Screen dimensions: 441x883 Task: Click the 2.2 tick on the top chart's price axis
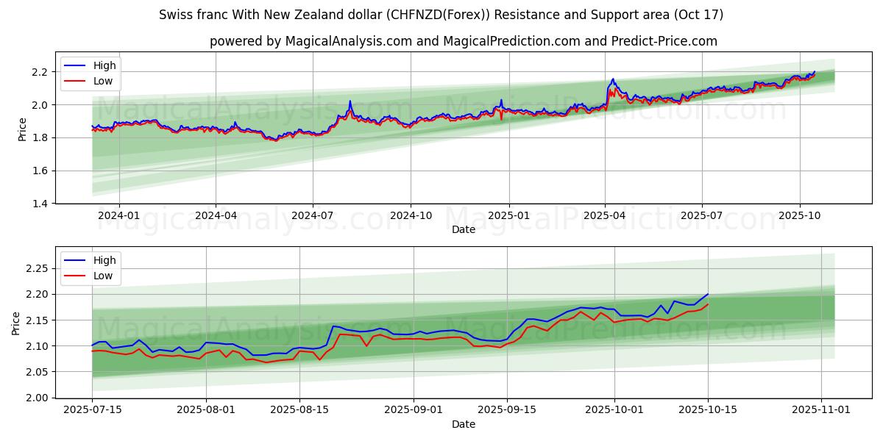tap(40, 72)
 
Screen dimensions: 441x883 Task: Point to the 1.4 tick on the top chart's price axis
tap(40, 204)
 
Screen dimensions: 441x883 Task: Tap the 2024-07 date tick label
tap(313, 215)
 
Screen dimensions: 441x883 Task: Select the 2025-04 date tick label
tap(605, 215)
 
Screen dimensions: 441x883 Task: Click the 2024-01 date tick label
tap(118, 215)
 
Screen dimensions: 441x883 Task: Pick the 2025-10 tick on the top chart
tap(800, 215)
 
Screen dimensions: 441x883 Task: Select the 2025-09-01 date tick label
tap(414, 410)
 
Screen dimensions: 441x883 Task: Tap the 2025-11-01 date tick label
tap(821, 410)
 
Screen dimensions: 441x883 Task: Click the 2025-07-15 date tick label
tap(92, 410)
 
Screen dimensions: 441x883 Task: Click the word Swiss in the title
tap(174, 15)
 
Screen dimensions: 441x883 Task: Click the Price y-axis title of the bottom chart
tap(16, 323)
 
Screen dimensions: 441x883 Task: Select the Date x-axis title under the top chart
tap(464, 229)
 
